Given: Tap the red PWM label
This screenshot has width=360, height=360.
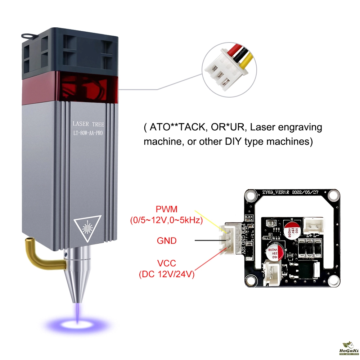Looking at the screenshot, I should pyautogui.click(x=166, y=209).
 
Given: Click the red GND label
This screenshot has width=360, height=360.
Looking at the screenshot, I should pyautogui.click(x=167, y=240).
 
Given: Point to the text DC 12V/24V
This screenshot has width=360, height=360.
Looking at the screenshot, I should pyautogui.click(x=166, y=275).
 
